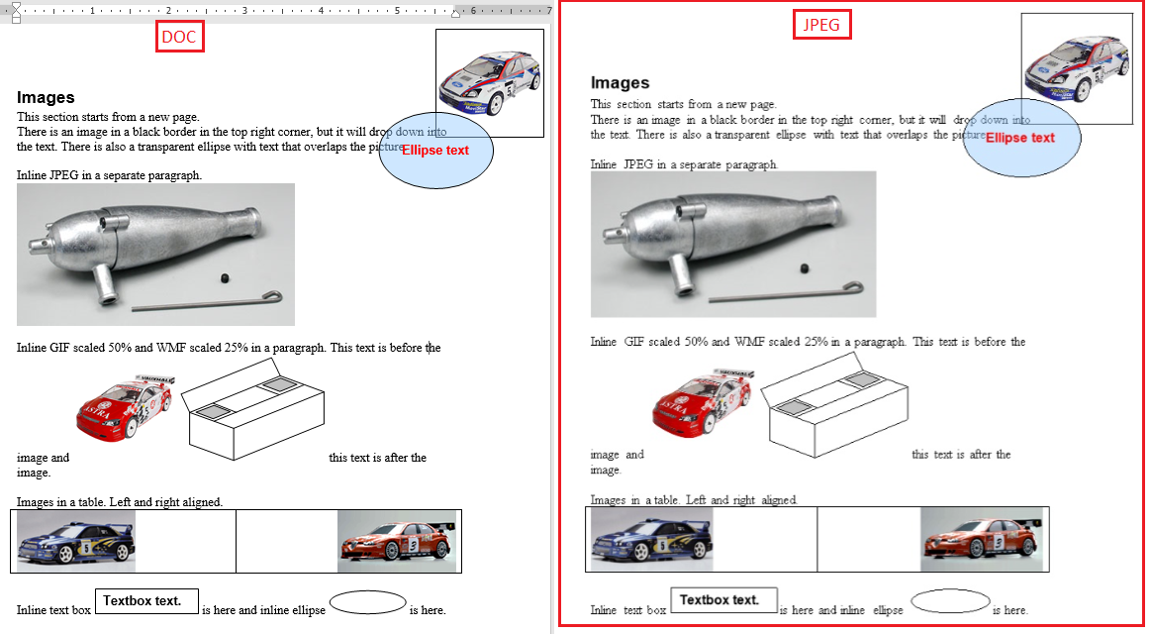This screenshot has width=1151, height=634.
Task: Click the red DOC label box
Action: tap(179, 37)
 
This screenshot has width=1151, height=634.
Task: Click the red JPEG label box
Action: tap(821, 24)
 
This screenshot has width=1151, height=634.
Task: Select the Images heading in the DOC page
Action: tap(46, 98)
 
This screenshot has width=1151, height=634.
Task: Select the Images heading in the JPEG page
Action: tap(621, 83)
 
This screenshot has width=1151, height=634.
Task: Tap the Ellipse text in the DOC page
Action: tap(435, 150)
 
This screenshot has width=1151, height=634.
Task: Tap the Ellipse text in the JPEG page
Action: tap(1020, 138)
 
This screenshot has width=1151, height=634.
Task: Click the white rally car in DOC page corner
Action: tap(490, 82)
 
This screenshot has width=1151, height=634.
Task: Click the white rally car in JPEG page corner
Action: tap(1078, 67)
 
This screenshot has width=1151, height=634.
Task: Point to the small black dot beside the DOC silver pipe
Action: tap(225, 277)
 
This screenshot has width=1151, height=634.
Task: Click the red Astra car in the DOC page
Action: tap(125, 408)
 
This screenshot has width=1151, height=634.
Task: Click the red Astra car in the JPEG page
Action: tap(703, 403)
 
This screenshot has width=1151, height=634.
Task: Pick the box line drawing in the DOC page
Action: tap(253, 410)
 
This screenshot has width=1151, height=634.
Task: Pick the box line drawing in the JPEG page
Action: tap(834, 405)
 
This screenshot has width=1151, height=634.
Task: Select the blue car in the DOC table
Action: tap(76, 542)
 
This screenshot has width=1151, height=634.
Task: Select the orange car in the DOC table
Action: tap(397, 542)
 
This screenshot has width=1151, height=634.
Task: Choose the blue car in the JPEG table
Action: tap(652, 539)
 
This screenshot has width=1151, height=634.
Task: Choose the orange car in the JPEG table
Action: tap(982, 539)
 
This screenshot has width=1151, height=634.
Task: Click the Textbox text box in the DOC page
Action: tap(146, 601)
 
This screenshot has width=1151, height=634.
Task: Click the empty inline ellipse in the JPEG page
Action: tap(951, 601)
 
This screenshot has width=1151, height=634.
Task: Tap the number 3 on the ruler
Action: tap(244, 10)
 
